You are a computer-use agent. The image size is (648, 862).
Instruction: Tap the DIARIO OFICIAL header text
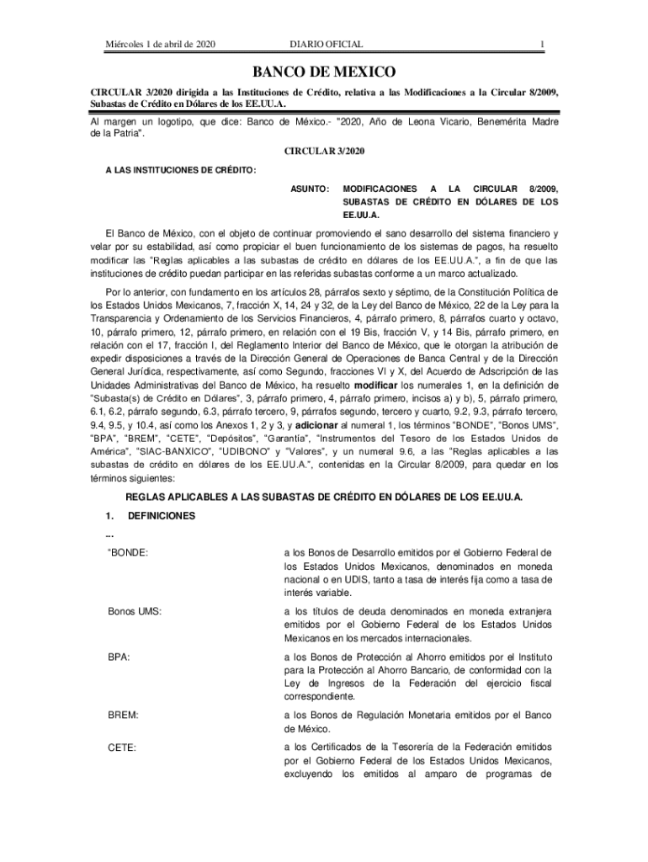point(325,44)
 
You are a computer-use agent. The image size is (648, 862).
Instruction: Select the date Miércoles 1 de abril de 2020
point(160,44)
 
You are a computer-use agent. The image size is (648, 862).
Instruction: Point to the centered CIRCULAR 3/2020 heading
point(324,151)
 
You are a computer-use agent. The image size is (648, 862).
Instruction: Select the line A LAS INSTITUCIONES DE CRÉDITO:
point(179,170)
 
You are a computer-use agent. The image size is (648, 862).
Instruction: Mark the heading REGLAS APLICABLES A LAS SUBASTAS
point(324,497)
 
